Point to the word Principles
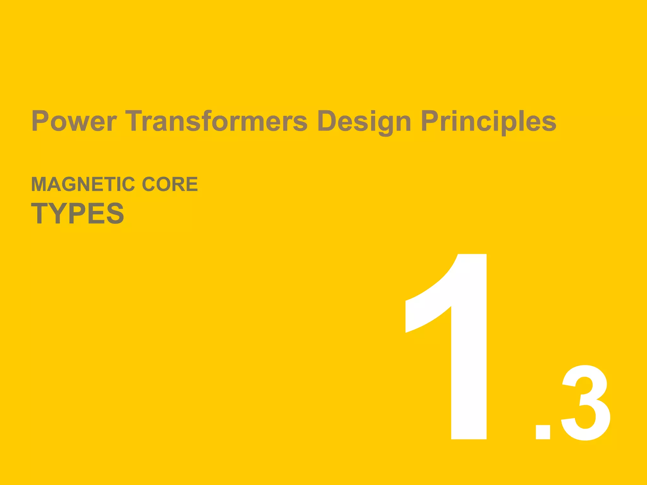point(488,122)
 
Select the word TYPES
point(78,213)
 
